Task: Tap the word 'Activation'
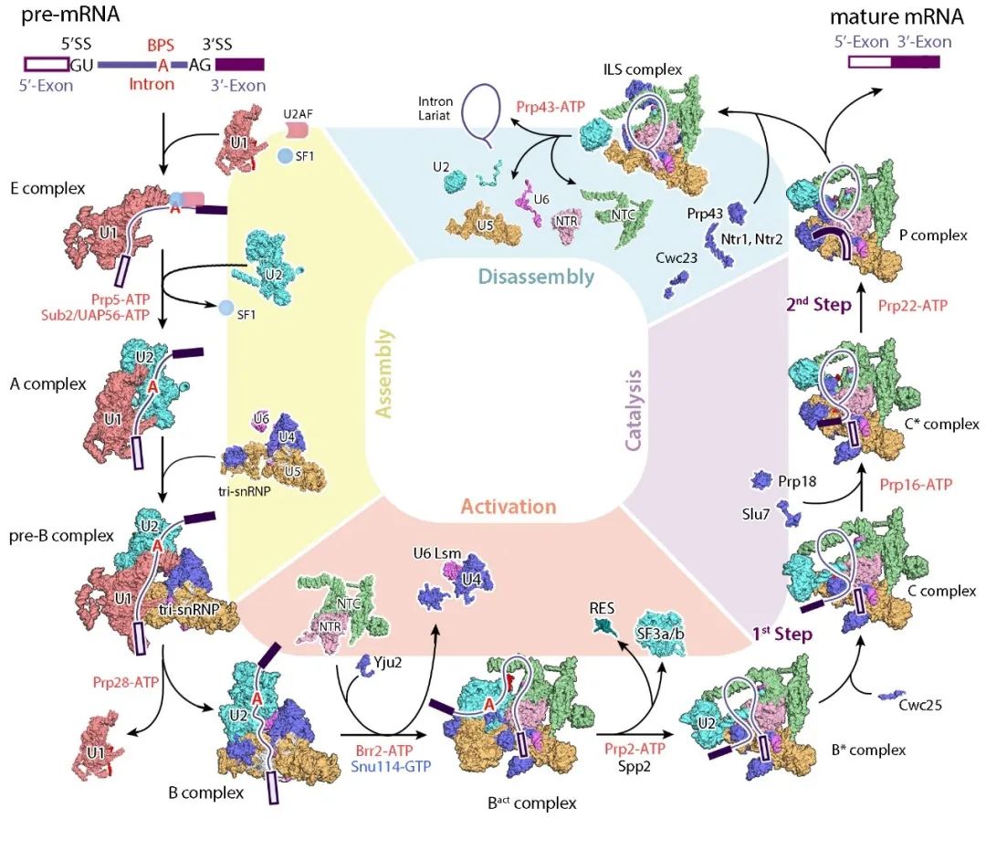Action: click(x=508, y=507)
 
